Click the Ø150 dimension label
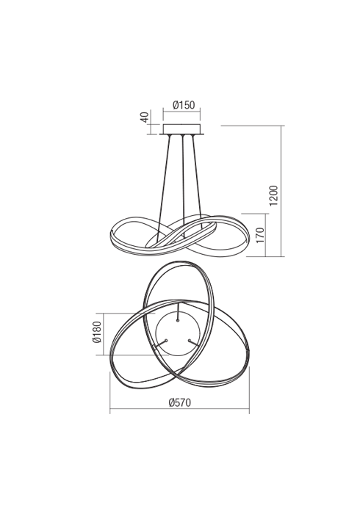click(x=184, y=105)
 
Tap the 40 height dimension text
click(x=145, y=117)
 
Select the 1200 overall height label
click(x=273, y=196)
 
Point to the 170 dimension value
click(x=259, y=235)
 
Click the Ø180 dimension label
click(x=97, y=332)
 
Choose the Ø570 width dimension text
click(x=180, y=402)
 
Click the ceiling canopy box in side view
click(x=181, y=128)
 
